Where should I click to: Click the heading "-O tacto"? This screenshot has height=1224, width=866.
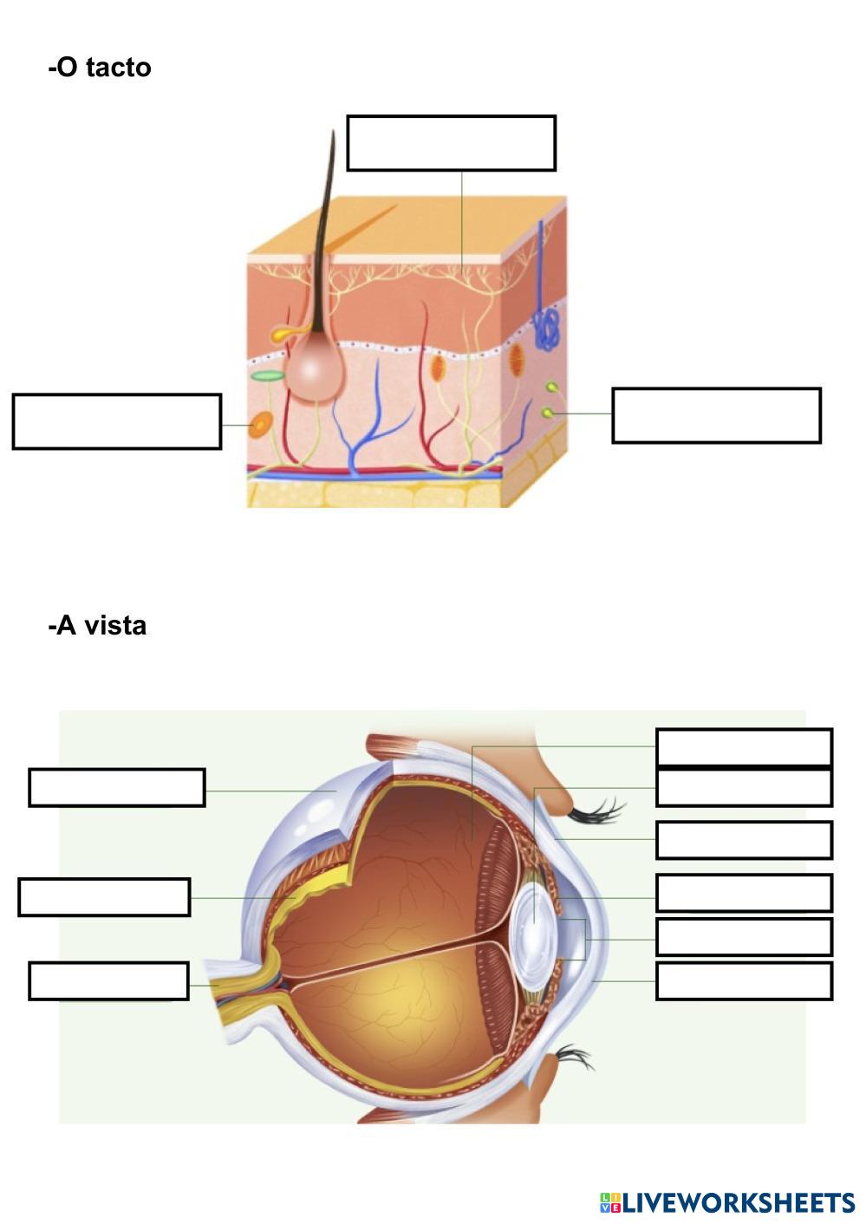click(100, 68)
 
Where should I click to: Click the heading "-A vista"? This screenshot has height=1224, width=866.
click(97, 625)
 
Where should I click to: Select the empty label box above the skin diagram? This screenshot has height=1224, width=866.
click(451, 143)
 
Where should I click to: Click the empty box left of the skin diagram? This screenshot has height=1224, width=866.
click(117, 421)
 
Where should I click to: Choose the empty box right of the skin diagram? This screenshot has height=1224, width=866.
click(716, 415)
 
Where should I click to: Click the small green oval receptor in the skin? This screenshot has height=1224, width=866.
click(269, 376)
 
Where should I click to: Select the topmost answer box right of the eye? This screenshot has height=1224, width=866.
click(744, 747)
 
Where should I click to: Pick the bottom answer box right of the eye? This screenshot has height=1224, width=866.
click(744, 980)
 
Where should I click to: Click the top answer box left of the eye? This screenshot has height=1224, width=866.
click(117, 787)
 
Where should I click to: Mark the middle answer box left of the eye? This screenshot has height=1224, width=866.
click(104, 897)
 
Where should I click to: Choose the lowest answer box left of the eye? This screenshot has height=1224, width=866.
click(108, 980)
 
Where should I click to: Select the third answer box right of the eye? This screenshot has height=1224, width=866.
click(744, 840)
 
